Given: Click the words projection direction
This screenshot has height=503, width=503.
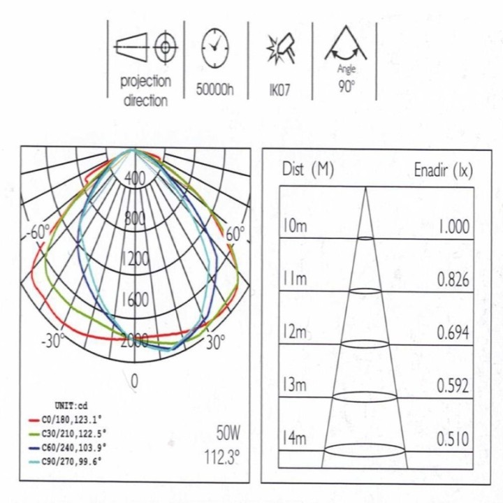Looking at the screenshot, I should pyautogui.click(x=145, y=90).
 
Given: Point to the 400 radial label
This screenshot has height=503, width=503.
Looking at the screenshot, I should pyautogui.click(x=135, y=178).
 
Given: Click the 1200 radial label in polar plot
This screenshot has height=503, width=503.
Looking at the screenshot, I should pyautogui.click(x=135, y=259).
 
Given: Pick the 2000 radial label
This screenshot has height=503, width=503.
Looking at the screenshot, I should pyautogui.click(x=135, y=340).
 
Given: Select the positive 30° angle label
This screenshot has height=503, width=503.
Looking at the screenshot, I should pyautogui.click(x=215, y=342).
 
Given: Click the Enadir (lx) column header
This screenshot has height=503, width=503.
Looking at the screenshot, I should pyautogui.click(x=443, y=170).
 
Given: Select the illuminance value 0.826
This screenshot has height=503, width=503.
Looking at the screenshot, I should pyautogui.click(x=453, y=279).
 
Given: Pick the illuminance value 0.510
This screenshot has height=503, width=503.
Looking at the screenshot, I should pyautogui.click(x=453, y=439).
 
